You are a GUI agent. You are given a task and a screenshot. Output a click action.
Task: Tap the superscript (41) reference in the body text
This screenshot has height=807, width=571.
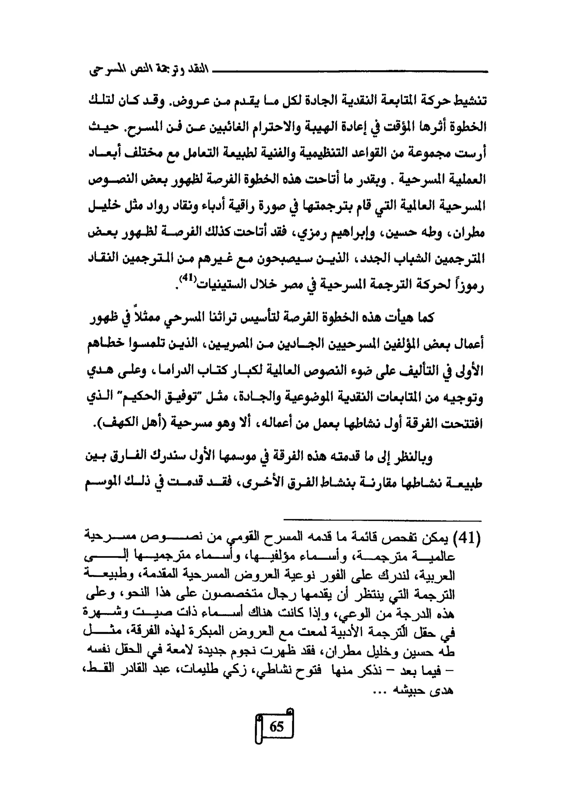[x=186, y=278]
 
